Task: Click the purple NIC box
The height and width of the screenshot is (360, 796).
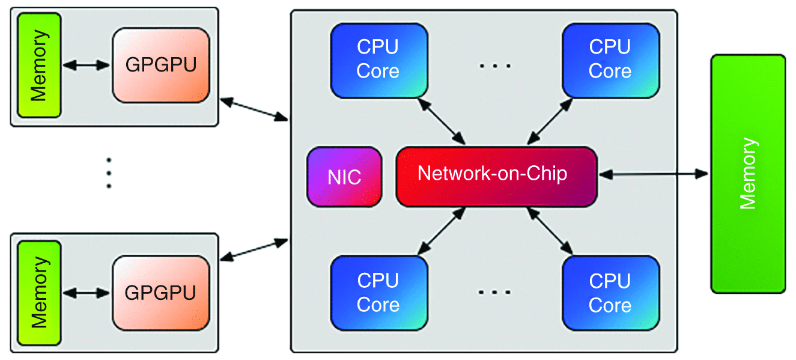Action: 344,178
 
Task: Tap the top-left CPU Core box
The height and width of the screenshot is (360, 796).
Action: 378,60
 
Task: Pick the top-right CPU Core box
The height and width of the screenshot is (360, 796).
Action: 610,60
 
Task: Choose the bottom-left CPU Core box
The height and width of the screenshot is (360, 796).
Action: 378,293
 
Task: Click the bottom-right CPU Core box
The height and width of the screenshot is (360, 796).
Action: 610,293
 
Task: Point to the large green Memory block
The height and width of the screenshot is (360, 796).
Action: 748,174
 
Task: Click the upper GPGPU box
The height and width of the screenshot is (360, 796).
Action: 161,65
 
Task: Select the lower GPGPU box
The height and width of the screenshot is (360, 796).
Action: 161,293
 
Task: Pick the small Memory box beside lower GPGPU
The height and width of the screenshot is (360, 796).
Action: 39,293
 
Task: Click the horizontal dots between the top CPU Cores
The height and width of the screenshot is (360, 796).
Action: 494,65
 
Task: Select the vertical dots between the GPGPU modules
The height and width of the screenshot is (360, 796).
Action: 109,173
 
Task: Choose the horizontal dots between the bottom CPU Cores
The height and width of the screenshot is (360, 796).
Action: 494,293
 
